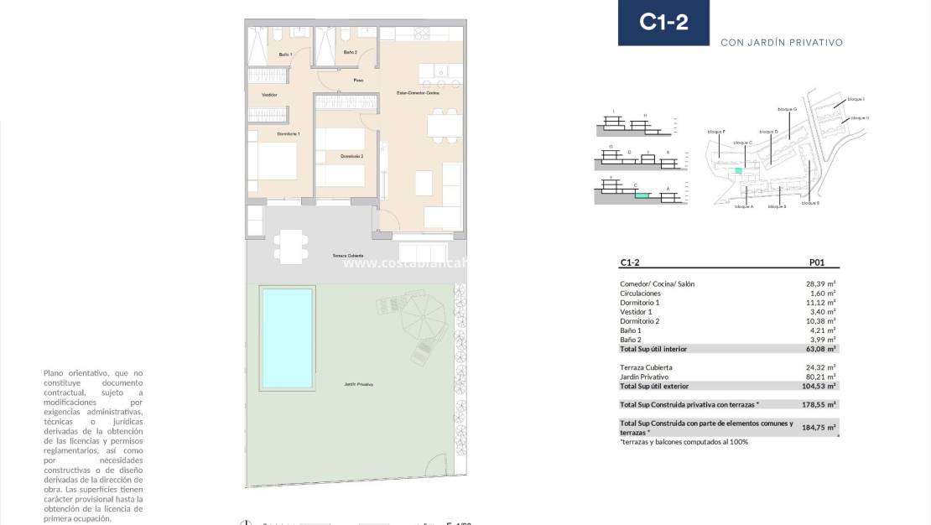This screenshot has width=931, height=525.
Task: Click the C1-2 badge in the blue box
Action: point(663,23)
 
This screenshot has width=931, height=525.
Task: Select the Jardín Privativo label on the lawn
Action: point(358,384)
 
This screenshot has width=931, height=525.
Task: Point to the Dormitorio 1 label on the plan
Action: point(289,134)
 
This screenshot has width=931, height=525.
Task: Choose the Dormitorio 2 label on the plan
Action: point(351,156)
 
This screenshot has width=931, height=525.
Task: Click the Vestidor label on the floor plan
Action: point(269,95)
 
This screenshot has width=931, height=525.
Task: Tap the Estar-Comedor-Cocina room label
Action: point(418,92)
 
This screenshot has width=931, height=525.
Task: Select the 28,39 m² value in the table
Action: point(820,284)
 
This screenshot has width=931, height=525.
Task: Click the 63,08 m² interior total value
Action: point(820,348)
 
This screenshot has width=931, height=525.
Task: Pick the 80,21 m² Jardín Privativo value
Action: point(820,377)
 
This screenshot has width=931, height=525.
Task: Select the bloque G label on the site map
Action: point(787,109)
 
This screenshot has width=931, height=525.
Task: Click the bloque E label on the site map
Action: point(810,203)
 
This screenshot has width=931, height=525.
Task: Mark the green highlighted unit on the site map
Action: point(738,171)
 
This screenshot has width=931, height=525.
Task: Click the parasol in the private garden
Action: point(424,316)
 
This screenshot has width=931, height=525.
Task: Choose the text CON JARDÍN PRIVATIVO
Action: point(781,42)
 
